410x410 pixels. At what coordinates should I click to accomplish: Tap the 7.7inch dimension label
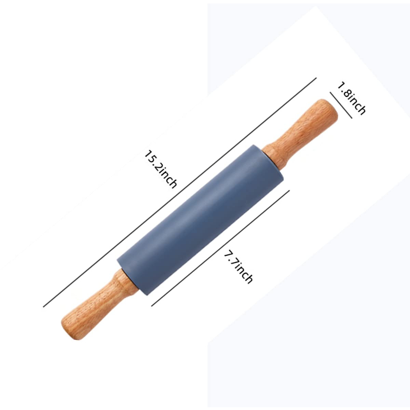[x=238, y=267]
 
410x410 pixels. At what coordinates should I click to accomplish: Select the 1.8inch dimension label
[x=351, y=98]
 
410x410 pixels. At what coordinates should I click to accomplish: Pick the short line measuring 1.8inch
[x=341, y=105]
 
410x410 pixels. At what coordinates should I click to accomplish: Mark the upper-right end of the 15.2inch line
[x=316, y=78]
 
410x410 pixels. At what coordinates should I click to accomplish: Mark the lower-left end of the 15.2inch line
[x=43, y=306]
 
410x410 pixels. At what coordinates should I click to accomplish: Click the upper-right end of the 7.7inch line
[x=289, y=190]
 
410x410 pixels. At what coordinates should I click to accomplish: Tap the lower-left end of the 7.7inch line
[x=152, y=305]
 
